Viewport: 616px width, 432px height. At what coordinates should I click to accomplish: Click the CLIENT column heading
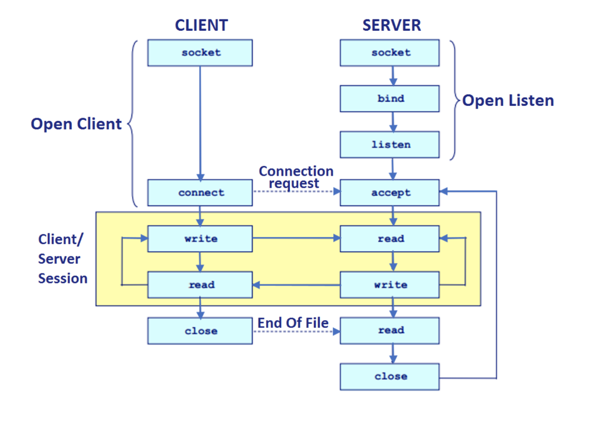point(201,25)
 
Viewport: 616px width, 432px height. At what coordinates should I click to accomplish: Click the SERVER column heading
point(391,25)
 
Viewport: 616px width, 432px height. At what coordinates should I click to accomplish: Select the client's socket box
point(200,53)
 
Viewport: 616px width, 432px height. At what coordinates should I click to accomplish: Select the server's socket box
point(389,53)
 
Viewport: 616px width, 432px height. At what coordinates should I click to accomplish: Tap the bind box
point(389,99)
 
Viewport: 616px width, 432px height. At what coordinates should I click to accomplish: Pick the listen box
point(389,145)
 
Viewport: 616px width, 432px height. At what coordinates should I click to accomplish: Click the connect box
point(200,193)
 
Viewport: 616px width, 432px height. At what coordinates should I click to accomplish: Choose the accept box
point(389,193)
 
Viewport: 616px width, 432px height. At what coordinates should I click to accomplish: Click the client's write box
point(200,239)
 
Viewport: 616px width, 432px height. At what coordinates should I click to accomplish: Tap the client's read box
point(200,285)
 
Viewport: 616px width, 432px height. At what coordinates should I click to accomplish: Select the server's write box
point(389,285)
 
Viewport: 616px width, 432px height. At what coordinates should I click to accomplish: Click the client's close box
point(200,331)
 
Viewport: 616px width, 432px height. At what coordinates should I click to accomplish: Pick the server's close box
point(389,377)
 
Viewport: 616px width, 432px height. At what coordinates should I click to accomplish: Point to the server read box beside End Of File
point(389,331)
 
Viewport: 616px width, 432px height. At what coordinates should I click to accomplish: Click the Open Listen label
point(508,101)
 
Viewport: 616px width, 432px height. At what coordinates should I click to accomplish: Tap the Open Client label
point(76,124)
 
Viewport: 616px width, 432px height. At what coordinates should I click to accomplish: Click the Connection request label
point(296,177)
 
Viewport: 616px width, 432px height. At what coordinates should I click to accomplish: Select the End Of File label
point(293,323)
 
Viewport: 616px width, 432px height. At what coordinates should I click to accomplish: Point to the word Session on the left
point(63,278)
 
